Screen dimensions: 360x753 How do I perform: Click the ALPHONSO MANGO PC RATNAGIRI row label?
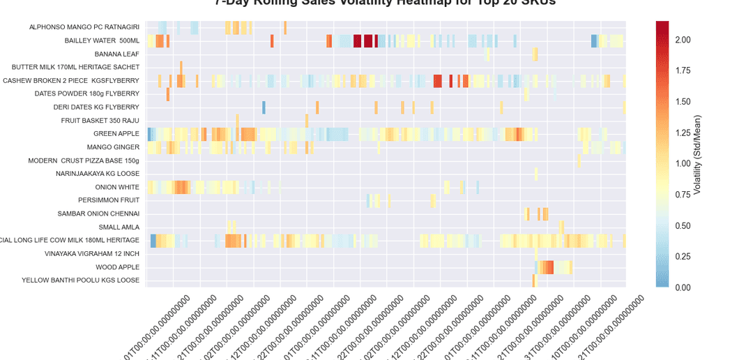pos(84,27)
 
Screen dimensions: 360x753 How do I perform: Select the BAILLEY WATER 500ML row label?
pos(102,40)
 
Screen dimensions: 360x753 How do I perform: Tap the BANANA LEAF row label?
pos(117,54)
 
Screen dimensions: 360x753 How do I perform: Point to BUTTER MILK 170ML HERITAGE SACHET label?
pos(75,67)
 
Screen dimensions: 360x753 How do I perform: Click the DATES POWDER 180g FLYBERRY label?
pos(87,93)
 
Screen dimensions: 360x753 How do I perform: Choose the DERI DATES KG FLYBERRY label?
pos(96,107)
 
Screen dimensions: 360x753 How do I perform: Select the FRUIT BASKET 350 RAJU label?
pos(100,121)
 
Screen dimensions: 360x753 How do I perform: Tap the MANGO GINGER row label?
pos(113,147)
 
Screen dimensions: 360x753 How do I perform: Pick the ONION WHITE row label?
pos(117,187)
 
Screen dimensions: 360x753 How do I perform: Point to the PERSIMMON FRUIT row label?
pos(109,200)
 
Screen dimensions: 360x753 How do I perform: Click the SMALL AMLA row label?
pos(119,227)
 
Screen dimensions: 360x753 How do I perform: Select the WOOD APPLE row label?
pos(117,267)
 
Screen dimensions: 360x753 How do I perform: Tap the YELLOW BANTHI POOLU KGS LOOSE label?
pos(80,280)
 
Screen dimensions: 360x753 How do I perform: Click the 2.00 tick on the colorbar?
pos(683,40)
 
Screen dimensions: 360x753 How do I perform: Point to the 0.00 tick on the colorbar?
pos(683,287)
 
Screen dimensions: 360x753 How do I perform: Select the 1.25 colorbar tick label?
pos(683,133)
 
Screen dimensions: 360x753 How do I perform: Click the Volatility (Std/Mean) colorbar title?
pos(697,154)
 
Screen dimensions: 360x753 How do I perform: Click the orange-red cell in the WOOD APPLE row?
pos(547,267)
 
